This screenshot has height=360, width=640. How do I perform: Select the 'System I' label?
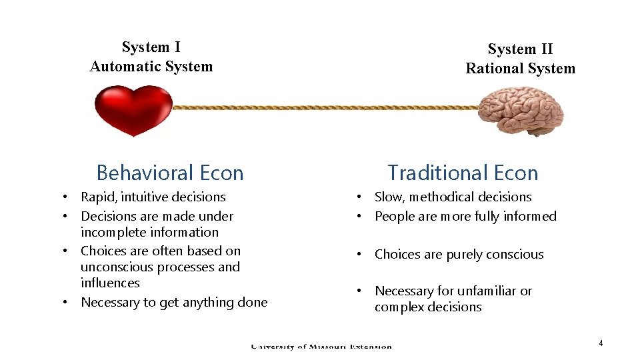(151, 47)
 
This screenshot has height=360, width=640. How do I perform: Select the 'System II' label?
(520, 49)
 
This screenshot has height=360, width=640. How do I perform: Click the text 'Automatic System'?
(151, 67)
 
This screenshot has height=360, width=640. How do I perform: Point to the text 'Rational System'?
(520, 69)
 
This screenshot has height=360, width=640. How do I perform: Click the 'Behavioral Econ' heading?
(170, 173)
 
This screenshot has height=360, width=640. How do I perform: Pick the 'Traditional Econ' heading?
(463, 173)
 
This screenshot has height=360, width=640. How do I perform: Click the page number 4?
(601, 343)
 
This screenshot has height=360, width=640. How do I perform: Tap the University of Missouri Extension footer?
(321, 346)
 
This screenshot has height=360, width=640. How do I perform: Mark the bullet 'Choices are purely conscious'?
(459, 255)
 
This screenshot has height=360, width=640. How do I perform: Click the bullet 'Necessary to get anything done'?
(173, 303)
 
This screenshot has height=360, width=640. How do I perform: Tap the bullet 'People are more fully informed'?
(465, 216)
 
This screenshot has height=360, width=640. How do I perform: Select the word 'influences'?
(110, 283)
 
